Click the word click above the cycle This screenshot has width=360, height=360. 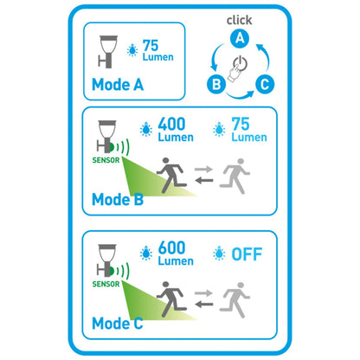(239, 20)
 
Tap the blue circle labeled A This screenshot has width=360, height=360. (240, 38)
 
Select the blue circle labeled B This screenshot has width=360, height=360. (216, 84)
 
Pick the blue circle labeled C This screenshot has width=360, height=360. (265, 84)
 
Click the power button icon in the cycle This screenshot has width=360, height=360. (240, 63)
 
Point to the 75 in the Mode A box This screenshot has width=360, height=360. (151, 46)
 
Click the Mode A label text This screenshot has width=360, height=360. (118, 85)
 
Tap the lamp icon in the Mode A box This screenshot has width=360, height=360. (108, 52)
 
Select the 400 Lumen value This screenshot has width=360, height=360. (176, 129)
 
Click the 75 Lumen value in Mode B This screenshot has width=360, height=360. (249, 129)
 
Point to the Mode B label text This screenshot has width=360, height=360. (118, 199)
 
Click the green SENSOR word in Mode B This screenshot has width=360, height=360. (106, 160)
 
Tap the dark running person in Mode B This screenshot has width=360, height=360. (171, 176)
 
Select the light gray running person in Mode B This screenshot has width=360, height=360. (235, 176)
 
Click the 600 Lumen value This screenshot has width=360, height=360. (176, 253)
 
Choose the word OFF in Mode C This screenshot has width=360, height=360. (247, 254)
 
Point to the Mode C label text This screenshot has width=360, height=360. (118, 323)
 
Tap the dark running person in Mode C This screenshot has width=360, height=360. (171, 299)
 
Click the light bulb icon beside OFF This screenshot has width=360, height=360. (219, 254)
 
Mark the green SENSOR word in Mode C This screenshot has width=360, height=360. (106, 284)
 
